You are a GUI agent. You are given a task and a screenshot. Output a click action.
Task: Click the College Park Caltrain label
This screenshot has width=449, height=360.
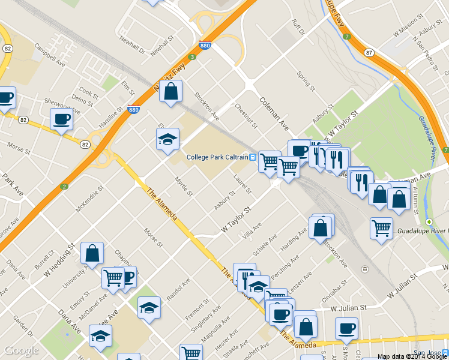point(217,157)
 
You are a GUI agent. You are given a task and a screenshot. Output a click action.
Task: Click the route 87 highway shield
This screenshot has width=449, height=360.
point(369,53)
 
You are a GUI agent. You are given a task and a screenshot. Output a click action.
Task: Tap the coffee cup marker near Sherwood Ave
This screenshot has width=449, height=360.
point(61,119)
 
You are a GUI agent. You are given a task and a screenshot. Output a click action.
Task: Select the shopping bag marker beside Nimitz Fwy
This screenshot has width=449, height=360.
point(170,92)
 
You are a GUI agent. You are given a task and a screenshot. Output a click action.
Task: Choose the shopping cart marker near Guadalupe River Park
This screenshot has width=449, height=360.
point(381,228)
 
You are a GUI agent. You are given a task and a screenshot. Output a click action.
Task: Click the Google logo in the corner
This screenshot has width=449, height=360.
point(21,351)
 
